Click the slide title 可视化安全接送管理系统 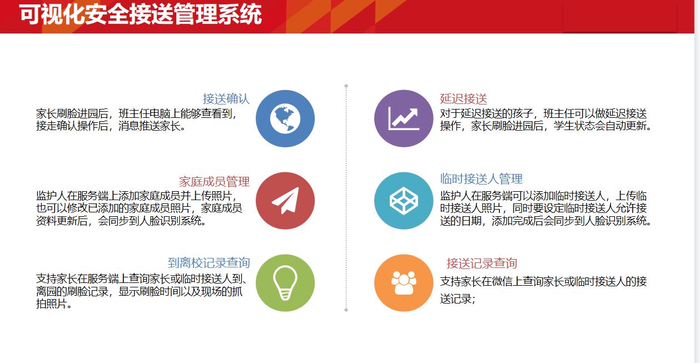coord(140,14)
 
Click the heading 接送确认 coord(226,99)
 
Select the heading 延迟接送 coord(464,99)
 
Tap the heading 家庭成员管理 coord(214,181)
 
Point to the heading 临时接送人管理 coord(481,178)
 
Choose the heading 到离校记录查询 coord(208,263)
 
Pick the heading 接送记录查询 coord(481,263)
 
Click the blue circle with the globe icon coord(285,119)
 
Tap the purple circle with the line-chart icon coord(404,119)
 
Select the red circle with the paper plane coord(285,201)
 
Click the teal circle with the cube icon coord(404,201)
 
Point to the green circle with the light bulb coord(285,283)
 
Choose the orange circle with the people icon coord(404,283)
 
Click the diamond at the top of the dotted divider coord(346,86)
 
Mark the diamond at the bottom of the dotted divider coord(346,310)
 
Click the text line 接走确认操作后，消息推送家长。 coord(111,126)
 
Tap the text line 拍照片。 coord(54,304)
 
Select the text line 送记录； coord(458,299)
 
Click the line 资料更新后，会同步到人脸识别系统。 coord(121,221)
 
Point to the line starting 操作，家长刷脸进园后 coord(546,126)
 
